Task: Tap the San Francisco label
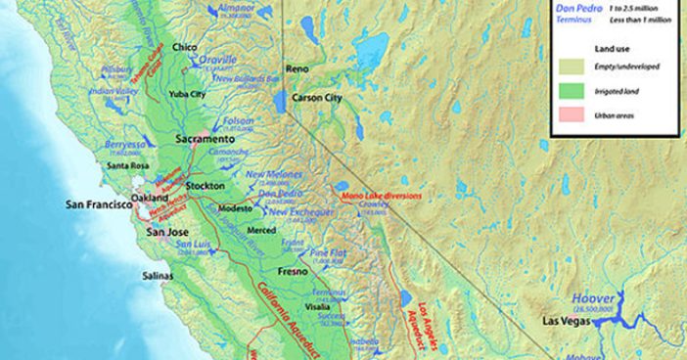(98, 205)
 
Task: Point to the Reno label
(298, 69)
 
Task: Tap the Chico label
(185, 47)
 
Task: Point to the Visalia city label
(320, 304)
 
